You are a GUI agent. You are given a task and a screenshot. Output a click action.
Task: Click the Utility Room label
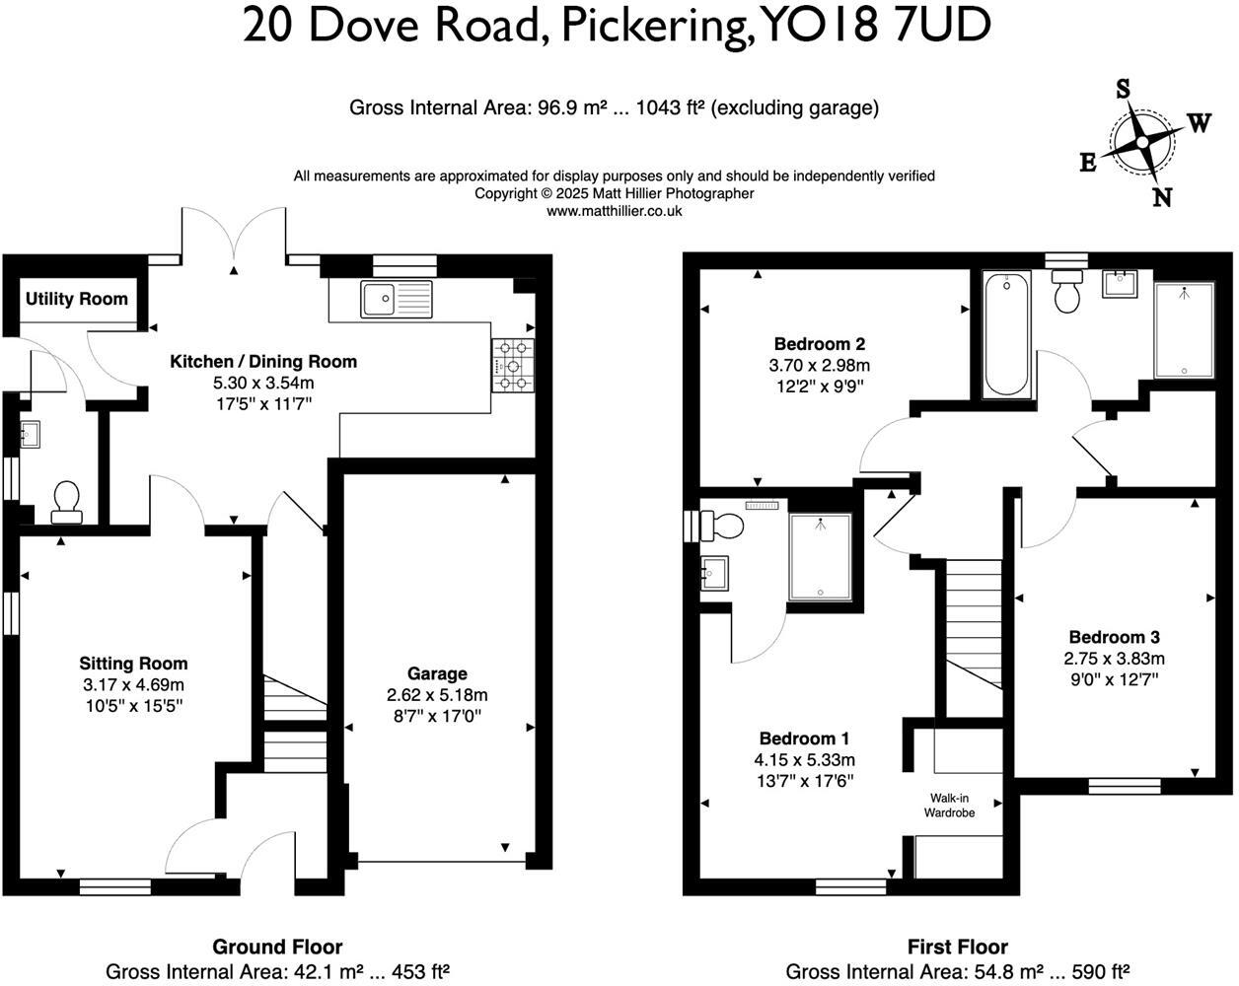coord(77,299)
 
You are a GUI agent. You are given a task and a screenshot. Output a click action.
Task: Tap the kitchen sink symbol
coord(396,299)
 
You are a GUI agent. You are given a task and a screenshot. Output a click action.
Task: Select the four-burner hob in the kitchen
coord(513,365)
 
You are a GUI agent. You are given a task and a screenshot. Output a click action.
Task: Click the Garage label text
coord(437,673)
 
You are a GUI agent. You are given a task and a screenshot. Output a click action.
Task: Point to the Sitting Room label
coord(133,664)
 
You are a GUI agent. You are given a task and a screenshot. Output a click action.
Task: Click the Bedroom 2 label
coord(820,344)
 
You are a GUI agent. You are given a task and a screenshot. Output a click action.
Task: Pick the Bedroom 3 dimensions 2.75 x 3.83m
coord(1114,659)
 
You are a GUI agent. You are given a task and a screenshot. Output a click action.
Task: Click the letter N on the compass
coord(1163,198)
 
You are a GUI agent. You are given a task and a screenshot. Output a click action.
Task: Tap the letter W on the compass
coord(1199,123)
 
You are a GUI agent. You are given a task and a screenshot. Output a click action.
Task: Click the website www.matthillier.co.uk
coord(614,211)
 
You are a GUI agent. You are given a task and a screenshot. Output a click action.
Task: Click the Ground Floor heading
coord(277,947)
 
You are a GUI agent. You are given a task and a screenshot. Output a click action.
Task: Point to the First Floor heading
coord(957,947)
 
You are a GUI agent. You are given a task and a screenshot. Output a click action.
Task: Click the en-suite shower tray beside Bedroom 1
coord(820,557)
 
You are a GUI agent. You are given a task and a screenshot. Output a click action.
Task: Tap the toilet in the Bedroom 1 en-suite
coord(722,525)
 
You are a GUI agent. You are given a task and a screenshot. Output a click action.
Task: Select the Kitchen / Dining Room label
coord(263,362)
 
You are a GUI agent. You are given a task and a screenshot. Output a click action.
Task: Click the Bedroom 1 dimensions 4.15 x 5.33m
coord(804,759)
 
